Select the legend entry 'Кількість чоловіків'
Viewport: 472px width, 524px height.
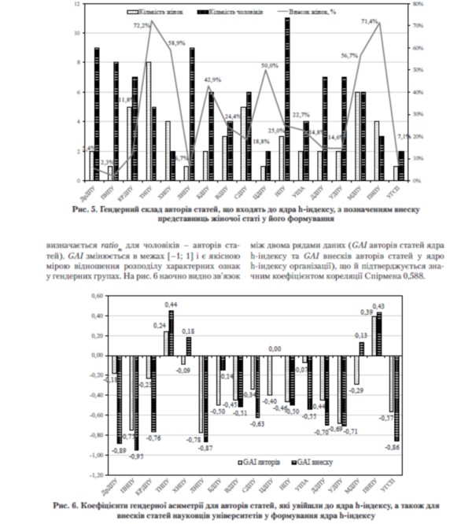pos(228,13)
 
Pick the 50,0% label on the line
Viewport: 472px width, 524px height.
pos(270,65)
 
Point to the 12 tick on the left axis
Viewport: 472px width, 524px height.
pos(76,4)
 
